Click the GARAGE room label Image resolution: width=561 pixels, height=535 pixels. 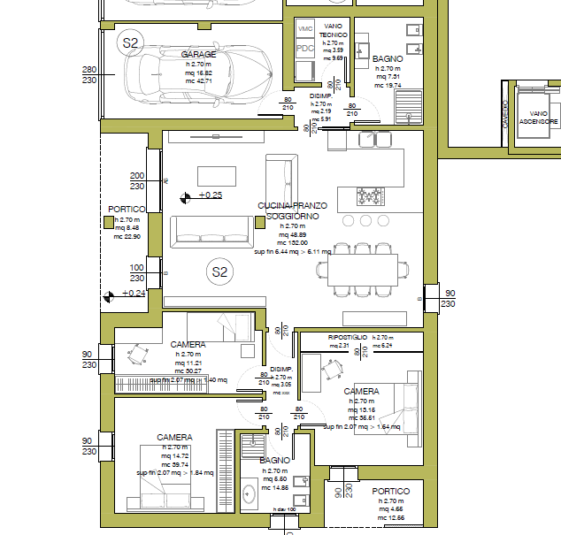(x=199, y=55)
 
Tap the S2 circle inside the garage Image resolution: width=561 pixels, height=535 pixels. (x=131, y=42)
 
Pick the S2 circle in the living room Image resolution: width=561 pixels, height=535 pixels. (x=219, y=272)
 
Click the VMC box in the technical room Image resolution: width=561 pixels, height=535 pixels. (x=305, y=28)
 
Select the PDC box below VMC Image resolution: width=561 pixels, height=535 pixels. (x=305, y=49)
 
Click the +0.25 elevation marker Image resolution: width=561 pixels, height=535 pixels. (x=210, y=195)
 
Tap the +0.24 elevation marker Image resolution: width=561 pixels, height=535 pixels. (x=133, y=294)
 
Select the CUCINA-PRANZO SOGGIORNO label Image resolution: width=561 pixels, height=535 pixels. (x=292, y=210)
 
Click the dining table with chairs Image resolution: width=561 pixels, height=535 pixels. (x=365, y=267)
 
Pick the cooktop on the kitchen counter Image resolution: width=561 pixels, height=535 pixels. (x=371, y=194)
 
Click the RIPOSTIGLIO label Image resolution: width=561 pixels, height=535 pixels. (x=348, y=338)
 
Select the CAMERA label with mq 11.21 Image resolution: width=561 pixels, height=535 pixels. (x=188, y=344)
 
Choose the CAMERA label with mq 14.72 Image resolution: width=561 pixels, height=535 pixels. (x=174, y=437)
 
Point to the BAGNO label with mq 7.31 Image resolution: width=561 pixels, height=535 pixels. (x=388, y=58)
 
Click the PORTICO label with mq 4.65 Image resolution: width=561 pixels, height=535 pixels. (x=390, y=491)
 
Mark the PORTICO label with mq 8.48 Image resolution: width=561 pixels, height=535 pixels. (x=126, y=210)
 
